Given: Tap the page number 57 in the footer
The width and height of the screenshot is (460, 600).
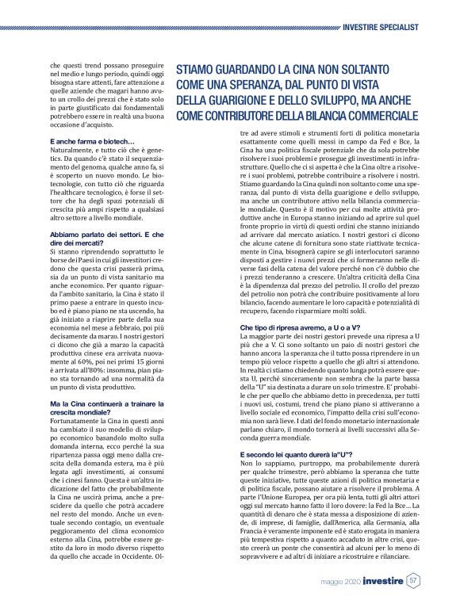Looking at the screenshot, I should [414, 581].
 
